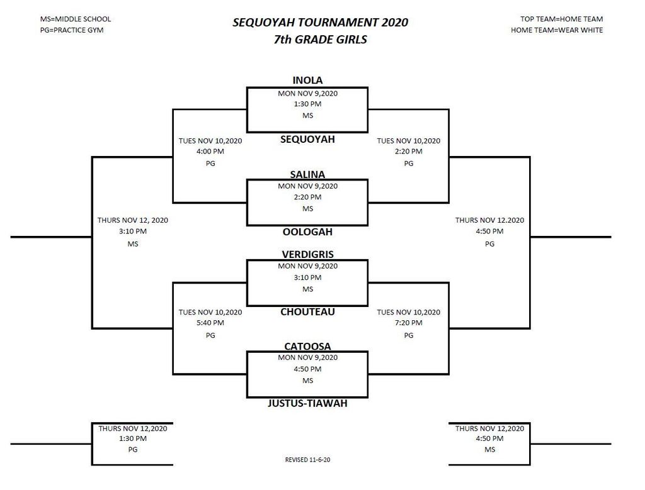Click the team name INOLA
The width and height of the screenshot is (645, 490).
tap(307, 80)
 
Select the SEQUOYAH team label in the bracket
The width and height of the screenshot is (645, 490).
tap(307, 139)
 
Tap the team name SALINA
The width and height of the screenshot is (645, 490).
tap(307, 175)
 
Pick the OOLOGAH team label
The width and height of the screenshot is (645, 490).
tap(307, 231)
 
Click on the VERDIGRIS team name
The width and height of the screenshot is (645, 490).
tap(307, 254)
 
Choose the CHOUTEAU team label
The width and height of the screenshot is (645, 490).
tap(307, 312)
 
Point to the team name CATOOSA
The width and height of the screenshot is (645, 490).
tap(307, 346)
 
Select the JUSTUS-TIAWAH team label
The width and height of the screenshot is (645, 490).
tap(307, 403)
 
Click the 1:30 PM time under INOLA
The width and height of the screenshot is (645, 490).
tap(307, 104)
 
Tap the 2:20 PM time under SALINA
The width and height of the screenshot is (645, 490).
tap(307, 197)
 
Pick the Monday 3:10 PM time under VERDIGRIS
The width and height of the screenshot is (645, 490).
tap(307, 277)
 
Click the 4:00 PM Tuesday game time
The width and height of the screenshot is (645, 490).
tap(210, 151)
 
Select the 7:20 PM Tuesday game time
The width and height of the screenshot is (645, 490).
tap(408, 323)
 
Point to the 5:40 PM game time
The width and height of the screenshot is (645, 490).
tap(210, 323)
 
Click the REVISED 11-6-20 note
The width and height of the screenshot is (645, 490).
tap(307, 460)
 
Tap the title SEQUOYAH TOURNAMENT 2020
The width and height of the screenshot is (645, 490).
tap(321, 22)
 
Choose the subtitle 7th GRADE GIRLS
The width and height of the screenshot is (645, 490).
tap(321, 40)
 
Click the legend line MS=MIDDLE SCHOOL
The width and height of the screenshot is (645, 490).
tap(76, 19)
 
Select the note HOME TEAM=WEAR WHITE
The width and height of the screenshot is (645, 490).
tap(557, 30)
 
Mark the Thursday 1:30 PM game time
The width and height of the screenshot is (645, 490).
tap(132, 438)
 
